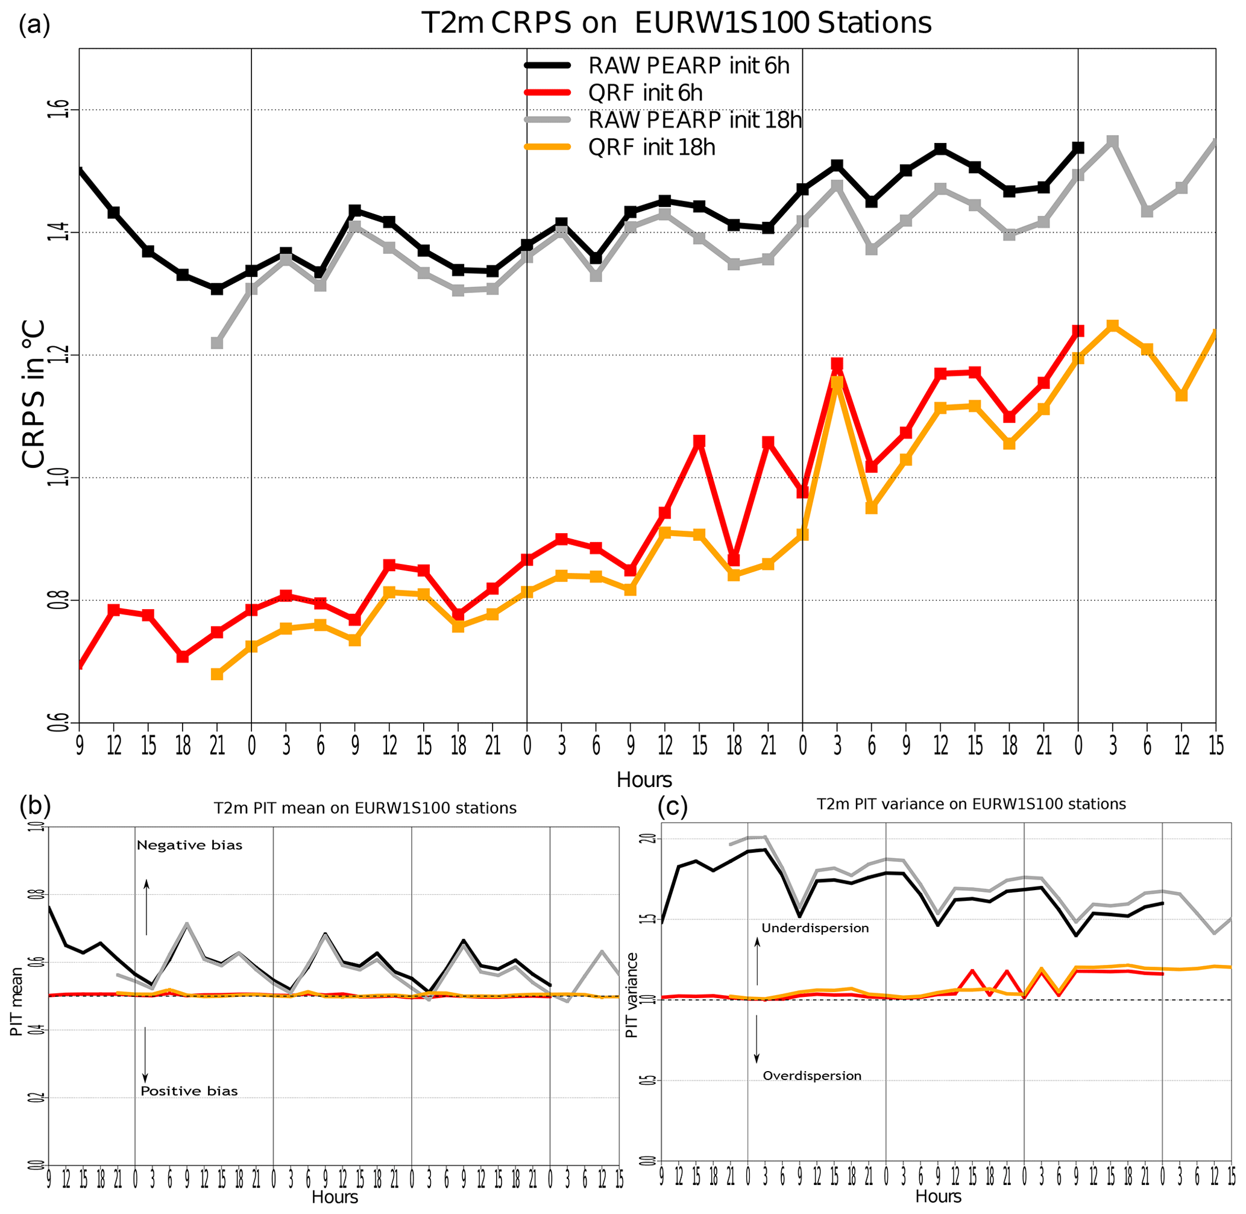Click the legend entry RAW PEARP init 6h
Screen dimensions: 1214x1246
pyautogui.click(x=688, y=66)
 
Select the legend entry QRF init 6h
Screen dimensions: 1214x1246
pyautogui.click(x=645, y=93)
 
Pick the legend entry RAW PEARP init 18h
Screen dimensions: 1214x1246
pyautogui.click(x=694, y=120)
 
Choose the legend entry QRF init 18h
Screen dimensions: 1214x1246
pyautogui.click(x=652, y=147)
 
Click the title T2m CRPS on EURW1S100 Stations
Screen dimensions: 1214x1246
pyautogui.click(x=676, y=24)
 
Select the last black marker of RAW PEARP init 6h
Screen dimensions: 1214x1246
pyautogui.click(x=1078, y=148)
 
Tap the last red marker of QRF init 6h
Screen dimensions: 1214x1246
pyautogui.click(x=1078, y=331)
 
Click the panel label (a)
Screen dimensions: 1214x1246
pyautogui.click(x=34, y=25)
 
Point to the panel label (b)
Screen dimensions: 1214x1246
pyautogui.click(x=35, y=806)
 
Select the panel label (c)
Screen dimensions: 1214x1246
pyautogui.click(x=672, y=806)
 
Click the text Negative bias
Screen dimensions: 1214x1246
pyautogui.click(x=189, y=846)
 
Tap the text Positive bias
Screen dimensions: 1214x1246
pyautogui.click(x=189, y=1091)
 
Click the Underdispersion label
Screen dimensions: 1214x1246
pyautogui.click(x=814, y=928)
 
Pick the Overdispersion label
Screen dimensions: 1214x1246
pyautogui.click(x=811, y=1076)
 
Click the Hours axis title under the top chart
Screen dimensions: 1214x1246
pyautogui.click(x=644, y=779)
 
